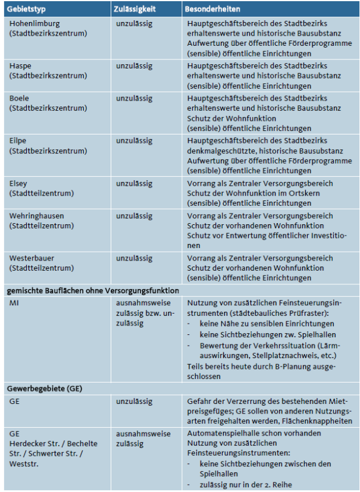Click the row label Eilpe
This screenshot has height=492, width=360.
pyautogui.click(x=20, y=140)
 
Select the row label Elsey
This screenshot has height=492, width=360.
pyautogui.click(x=20, y=184)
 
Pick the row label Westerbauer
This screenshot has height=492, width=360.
pyautogui.click(x=33, y=258)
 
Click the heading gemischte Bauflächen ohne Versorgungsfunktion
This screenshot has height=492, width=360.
pyautogui.click(x=92, y=291)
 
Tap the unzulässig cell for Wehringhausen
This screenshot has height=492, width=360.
pyautogui.click(x=134, y=217)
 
